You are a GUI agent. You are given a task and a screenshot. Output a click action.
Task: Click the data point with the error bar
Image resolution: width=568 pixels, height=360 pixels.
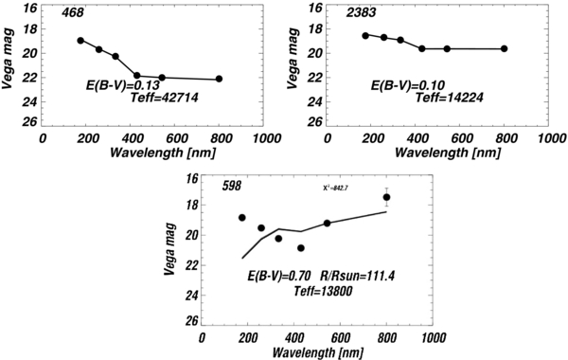[x=386, y=197]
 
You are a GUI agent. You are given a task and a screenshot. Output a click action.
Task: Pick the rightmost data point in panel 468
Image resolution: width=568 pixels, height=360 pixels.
[x=220, y=79]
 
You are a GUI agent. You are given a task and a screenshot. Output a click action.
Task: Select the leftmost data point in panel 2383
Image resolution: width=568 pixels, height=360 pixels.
[x=365, y=35]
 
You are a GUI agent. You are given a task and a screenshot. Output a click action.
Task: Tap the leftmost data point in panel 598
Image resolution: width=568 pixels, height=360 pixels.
[x=242, y=218]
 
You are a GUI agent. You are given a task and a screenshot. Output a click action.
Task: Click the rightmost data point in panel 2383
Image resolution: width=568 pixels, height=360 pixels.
[x=505, y=48]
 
